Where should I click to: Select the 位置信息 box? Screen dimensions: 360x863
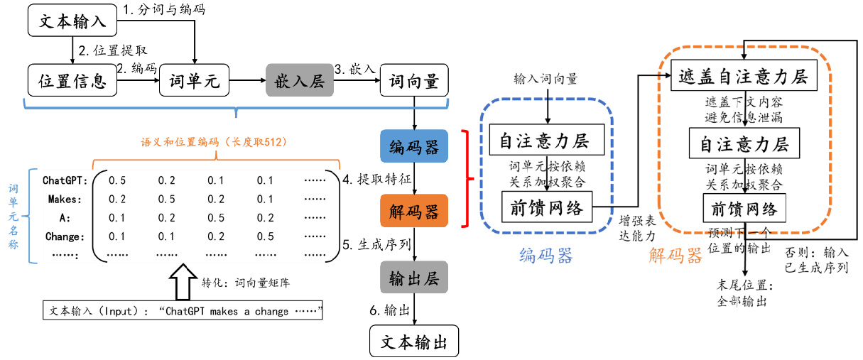click(71, 81)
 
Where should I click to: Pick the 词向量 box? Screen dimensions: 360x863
click(414, 81)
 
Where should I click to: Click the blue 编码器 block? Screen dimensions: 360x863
click(414, 147)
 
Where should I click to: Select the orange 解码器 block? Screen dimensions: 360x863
click(414, 211)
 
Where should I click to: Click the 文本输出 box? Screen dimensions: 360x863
click(414, 342)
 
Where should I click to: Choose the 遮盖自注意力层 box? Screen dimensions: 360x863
click(744, 75)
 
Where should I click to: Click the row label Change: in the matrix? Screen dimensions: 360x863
click(64, 236)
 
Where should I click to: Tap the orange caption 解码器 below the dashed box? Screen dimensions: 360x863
click(675, 255)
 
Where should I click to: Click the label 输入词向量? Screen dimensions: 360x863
click(546, 79)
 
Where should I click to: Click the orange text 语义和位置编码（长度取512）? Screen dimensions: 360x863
click(213, 142)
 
